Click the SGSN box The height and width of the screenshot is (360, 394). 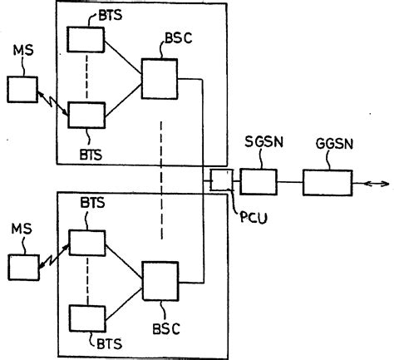coord(259,181)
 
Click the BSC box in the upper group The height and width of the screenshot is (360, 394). coord(160,79)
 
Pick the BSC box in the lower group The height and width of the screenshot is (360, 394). coord(160,280)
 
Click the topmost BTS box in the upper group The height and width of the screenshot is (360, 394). coord(86,39)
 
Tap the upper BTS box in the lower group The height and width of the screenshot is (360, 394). coord(87,242)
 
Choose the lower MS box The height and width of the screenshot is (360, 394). coord(22,267)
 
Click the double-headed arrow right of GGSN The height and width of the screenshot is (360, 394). coord(372,182)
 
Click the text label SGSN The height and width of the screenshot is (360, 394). coord(256,142)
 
